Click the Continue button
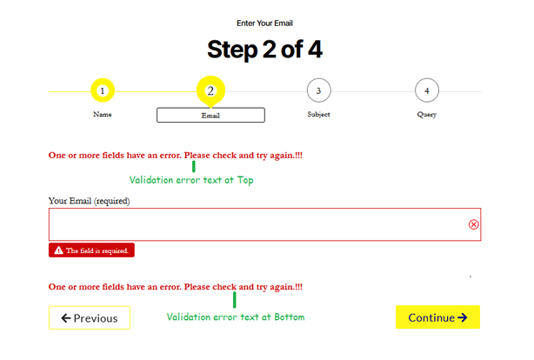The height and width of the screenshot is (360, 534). click(x=437, y=317)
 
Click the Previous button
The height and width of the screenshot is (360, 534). click(x=89, y=318)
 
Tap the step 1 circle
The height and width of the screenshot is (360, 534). click(x=102, y=90)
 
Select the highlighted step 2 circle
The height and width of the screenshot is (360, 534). click(x=210, y=90)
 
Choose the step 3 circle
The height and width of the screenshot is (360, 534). click(x=318, y=90)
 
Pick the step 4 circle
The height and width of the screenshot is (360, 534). click(x=426, y=90)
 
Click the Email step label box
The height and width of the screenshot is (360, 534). click(x=210, y=115)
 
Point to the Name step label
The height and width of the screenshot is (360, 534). click(x=102, y=114)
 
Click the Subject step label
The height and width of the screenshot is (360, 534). click(x=318, y=114)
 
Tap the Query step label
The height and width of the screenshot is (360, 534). click(x=426, y=114)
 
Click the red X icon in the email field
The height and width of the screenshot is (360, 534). click(x=473, y=224)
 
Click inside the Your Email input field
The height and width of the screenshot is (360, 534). click(x=252, y=224)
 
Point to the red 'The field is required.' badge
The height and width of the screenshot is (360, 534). click(x=91, y=250)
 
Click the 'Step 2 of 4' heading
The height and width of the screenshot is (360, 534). click(x=264, y=50)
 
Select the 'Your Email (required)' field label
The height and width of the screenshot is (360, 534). click(x=89, y=201)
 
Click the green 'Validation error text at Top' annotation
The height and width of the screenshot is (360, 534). click(x=190, y=180)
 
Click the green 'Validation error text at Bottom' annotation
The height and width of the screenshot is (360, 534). click(x=235, y=317)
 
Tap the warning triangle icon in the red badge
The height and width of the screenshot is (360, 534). click(x=58, y=250)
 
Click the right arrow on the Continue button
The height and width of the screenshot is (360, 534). click(x=463, y=317)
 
